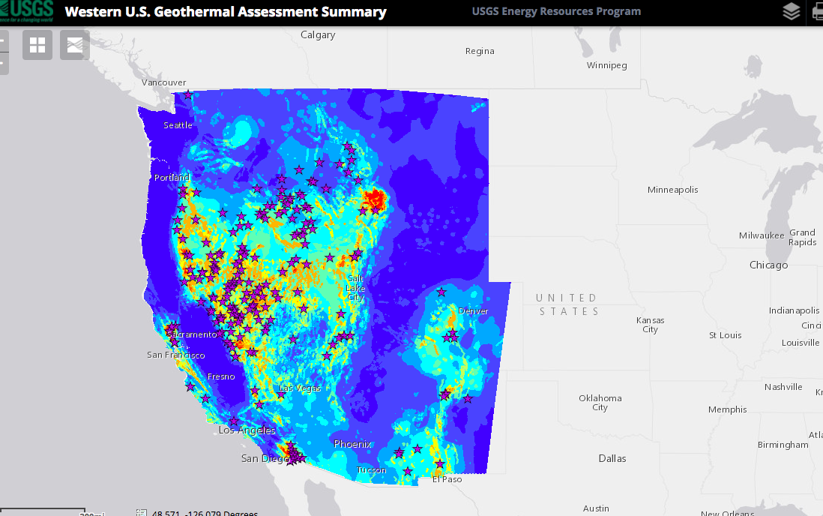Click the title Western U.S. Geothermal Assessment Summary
click(226, 12)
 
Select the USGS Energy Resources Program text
click(556, 11)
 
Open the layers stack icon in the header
click(791, 11)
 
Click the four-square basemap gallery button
click(37, 45)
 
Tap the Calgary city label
click(318, 34)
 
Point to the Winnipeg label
click(606, 65)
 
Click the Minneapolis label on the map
click(672, 190)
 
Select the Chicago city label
click(768, 265)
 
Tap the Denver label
click(473, 311)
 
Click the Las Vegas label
click(300, 388)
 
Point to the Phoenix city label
click(352, 444)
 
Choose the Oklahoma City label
click(600, 403)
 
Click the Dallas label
click(612, 458)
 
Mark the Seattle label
click(178, 125)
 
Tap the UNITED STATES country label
click(567, 304)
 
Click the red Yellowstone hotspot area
click(373, 199)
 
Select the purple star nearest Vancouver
click(188, 94)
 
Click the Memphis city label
click(727, 409)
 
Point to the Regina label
click(480, 51)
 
